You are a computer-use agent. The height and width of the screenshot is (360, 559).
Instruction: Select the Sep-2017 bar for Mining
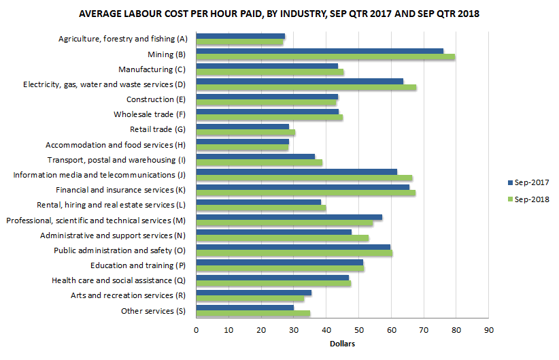pyautogui.click(x=320, y=50)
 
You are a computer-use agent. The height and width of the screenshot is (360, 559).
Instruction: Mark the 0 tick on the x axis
pyautogui.click(x=196, y=331)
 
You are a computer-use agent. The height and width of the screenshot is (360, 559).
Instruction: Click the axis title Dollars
pyautogui.click(x=342, y=344)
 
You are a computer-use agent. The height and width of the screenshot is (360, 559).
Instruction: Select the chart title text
pyautogui.click(x=279, y=14)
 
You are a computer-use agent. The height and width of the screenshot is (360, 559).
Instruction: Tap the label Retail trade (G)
pyautogui.click(x=157, y=129)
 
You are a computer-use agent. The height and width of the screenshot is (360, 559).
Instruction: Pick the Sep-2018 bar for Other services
pyautogui.click(x=253, y=314)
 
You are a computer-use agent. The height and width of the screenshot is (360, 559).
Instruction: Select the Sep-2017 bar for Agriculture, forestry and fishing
pyautogui.click(x=240, y=35)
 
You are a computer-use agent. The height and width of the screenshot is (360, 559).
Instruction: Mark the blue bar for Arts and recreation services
pyautogui.click(x=254, y=293)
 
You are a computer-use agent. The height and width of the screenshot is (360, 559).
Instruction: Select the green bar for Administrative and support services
pyautogui.click(x=282, y=238)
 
